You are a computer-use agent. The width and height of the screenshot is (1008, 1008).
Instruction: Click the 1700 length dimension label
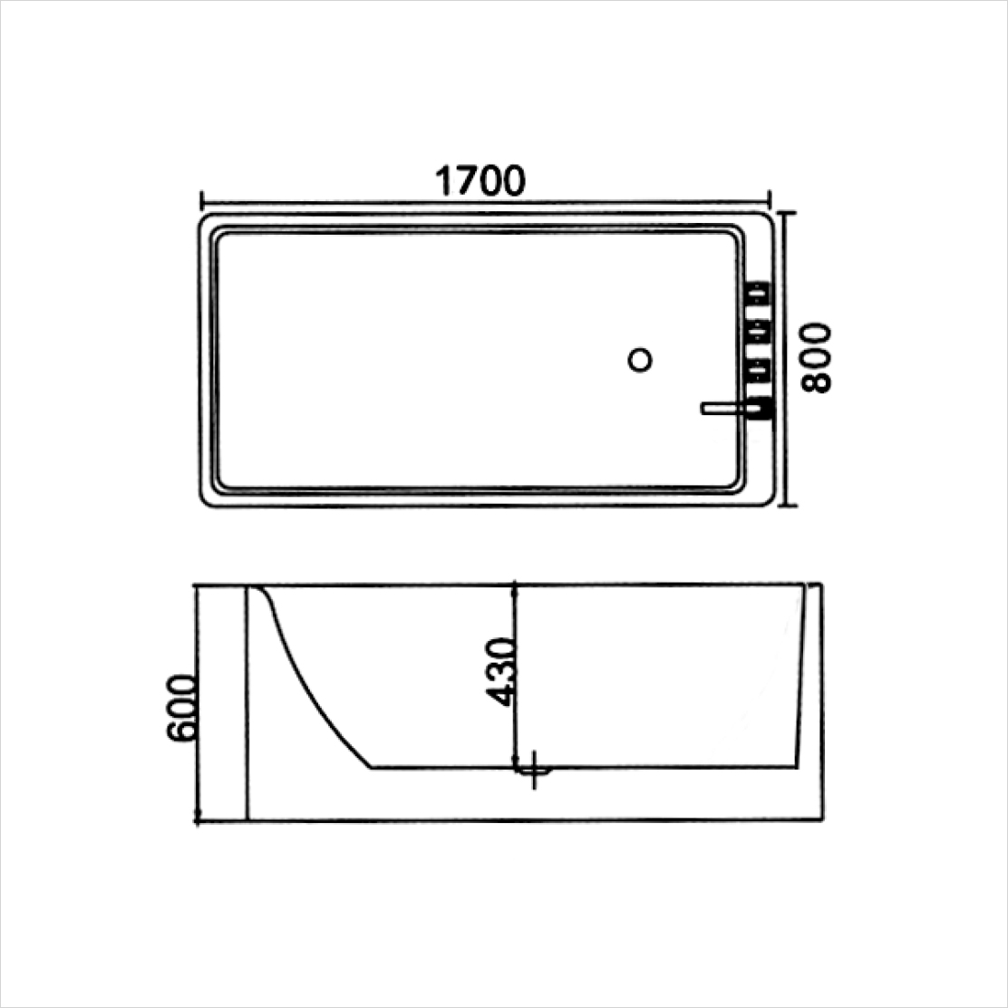(x=480, y=181)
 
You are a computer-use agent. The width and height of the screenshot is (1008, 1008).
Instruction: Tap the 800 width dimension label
(x=817, y=357)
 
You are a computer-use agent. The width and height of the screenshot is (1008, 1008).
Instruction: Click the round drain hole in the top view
(x=640, y=360)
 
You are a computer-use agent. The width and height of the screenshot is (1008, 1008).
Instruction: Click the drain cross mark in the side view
(x=535, y=770)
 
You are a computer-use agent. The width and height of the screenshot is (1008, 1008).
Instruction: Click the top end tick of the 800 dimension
(x=788, y=213)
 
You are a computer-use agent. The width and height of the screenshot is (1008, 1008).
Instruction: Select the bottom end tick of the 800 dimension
(x=788, y=505)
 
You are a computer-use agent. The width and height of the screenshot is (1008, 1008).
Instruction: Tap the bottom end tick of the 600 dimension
(x=198, y=820)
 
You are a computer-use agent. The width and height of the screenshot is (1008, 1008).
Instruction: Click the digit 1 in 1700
(x=443, y=181)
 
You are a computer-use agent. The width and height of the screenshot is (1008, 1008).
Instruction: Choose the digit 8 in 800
(x=817, y=381)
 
